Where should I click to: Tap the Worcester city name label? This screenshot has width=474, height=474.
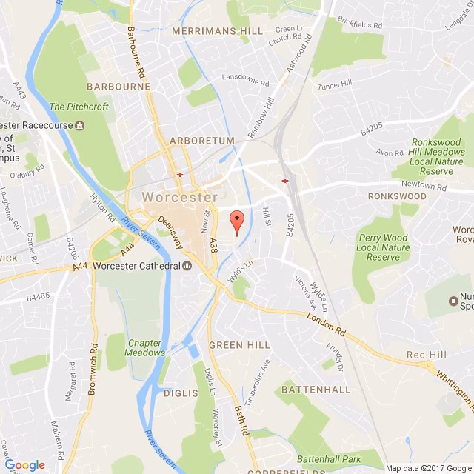(178, 198)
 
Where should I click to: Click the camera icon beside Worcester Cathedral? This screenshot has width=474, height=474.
(187, 267)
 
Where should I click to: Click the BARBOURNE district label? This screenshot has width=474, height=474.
(118, 86)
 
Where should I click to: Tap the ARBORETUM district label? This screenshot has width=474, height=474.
(201, 140)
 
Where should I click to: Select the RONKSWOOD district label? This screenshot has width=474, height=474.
(397, 196)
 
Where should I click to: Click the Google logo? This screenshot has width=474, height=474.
(24, 465)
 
